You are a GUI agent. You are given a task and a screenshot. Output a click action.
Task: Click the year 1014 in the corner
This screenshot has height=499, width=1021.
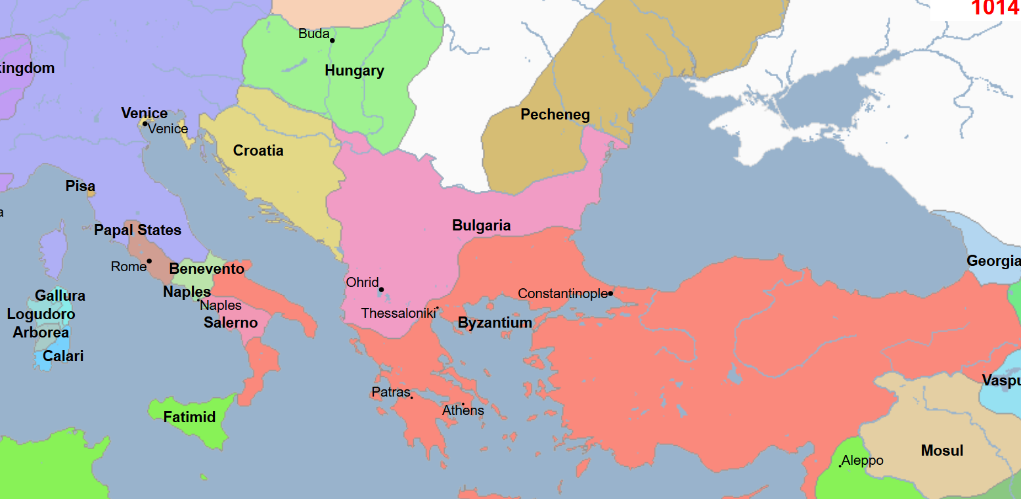[995, 9]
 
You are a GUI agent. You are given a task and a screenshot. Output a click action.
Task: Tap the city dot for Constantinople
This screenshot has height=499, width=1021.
[610, 293]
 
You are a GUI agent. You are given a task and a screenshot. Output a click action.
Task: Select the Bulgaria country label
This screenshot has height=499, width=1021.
[481, 226]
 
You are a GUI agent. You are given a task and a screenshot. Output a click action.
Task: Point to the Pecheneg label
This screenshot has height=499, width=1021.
[555, 115]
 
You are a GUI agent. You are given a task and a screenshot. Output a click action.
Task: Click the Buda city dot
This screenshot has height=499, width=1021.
[332, 41]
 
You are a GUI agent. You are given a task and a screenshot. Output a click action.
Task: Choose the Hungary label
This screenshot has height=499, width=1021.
[354, 71]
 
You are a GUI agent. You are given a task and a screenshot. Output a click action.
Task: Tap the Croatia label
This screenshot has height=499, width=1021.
[258, 151]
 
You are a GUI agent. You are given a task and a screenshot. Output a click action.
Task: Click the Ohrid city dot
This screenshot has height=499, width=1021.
[381, 290]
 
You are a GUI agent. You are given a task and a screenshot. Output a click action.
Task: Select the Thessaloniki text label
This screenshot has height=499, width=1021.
[398, 314]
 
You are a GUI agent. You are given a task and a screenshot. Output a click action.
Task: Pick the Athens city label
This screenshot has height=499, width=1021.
[463, 411]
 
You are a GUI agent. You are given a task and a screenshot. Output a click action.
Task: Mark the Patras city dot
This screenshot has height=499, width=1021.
[412, 397]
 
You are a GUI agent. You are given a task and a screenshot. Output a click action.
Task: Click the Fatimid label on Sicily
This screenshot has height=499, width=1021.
[189, 417]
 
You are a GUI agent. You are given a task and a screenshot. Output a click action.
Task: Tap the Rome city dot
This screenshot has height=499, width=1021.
[149, 261]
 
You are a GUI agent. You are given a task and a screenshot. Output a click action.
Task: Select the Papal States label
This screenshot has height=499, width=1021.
[137, 230]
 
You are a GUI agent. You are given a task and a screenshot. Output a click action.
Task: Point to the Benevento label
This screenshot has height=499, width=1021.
[206, 269]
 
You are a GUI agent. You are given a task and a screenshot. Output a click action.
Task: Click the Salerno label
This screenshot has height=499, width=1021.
[231, 323]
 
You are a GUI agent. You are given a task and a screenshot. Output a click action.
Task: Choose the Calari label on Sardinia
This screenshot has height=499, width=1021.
[63, 357]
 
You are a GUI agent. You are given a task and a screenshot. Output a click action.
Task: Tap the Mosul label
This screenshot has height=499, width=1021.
[942, 451]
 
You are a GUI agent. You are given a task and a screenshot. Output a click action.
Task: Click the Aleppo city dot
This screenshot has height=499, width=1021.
[840, 466]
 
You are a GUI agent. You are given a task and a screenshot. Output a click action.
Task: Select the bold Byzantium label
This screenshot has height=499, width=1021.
[495, 323]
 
